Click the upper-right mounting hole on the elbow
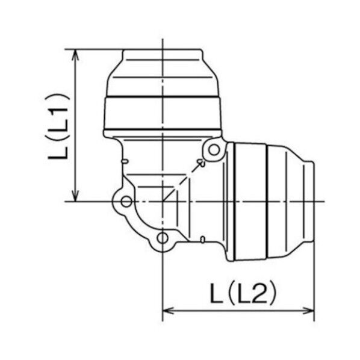click(213, 150)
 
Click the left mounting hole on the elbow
click(125, 200)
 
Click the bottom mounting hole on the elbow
click(163, 240)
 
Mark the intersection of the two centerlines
click(163, 201)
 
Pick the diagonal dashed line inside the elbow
click(184, 180)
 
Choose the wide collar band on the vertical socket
click(163, 114)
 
